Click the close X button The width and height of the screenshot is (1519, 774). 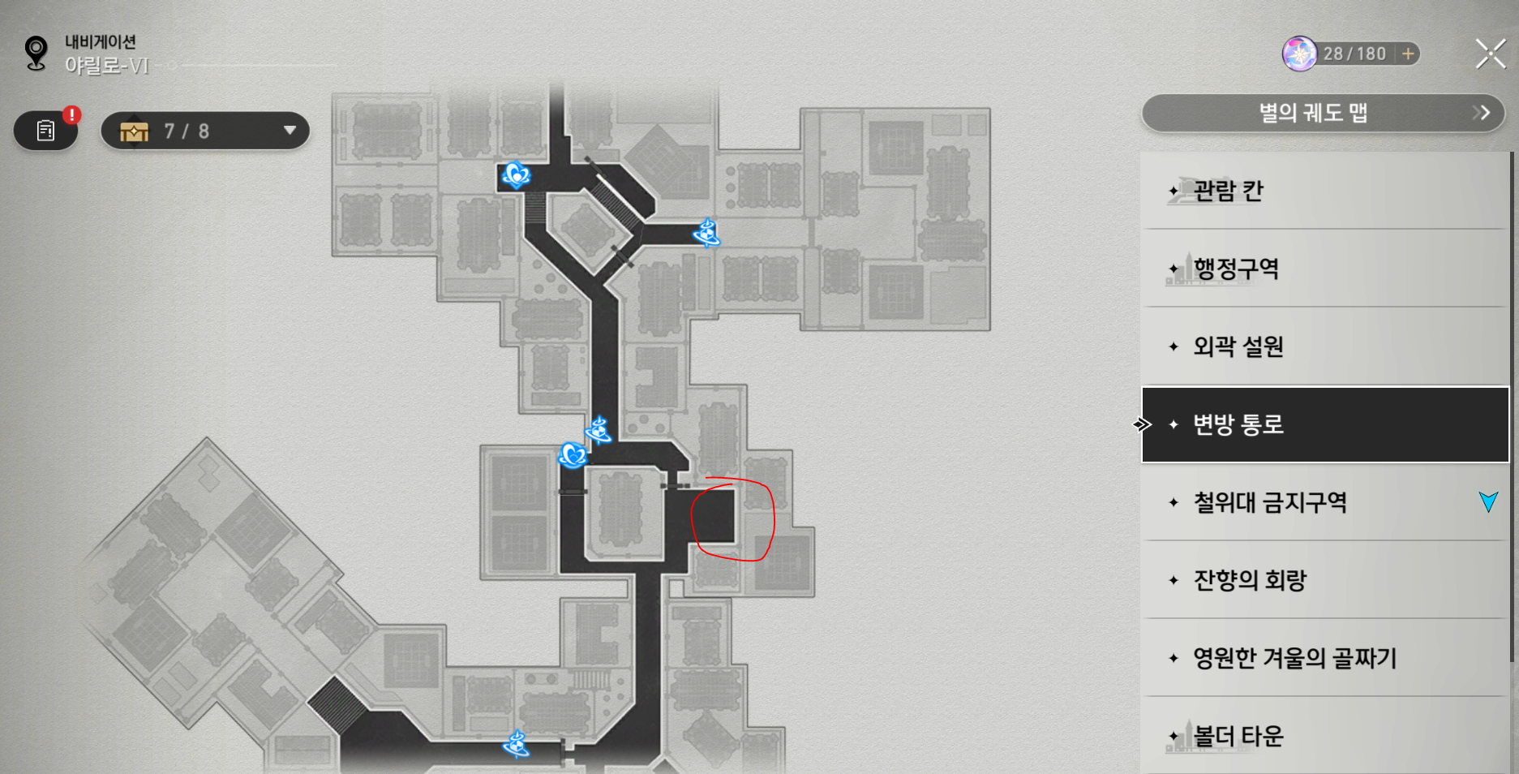click(x=1491, y=54)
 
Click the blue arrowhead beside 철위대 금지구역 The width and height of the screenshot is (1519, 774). click(x=1488, y=501)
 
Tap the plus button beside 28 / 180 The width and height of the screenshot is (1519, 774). click(x=1408, y=54)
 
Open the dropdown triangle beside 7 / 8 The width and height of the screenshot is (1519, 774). click(x=290, y=131)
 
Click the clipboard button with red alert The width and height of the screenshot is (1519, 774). click(x=46, y=131)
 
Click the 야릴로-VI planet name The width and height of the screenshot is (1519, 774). click(x=107, y=66)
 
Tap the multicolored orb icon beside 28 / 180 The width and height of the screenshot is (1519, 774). click(x=1299, y=54)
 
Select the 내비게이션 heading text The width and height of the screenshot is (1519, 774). click(x=101, y=41)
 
